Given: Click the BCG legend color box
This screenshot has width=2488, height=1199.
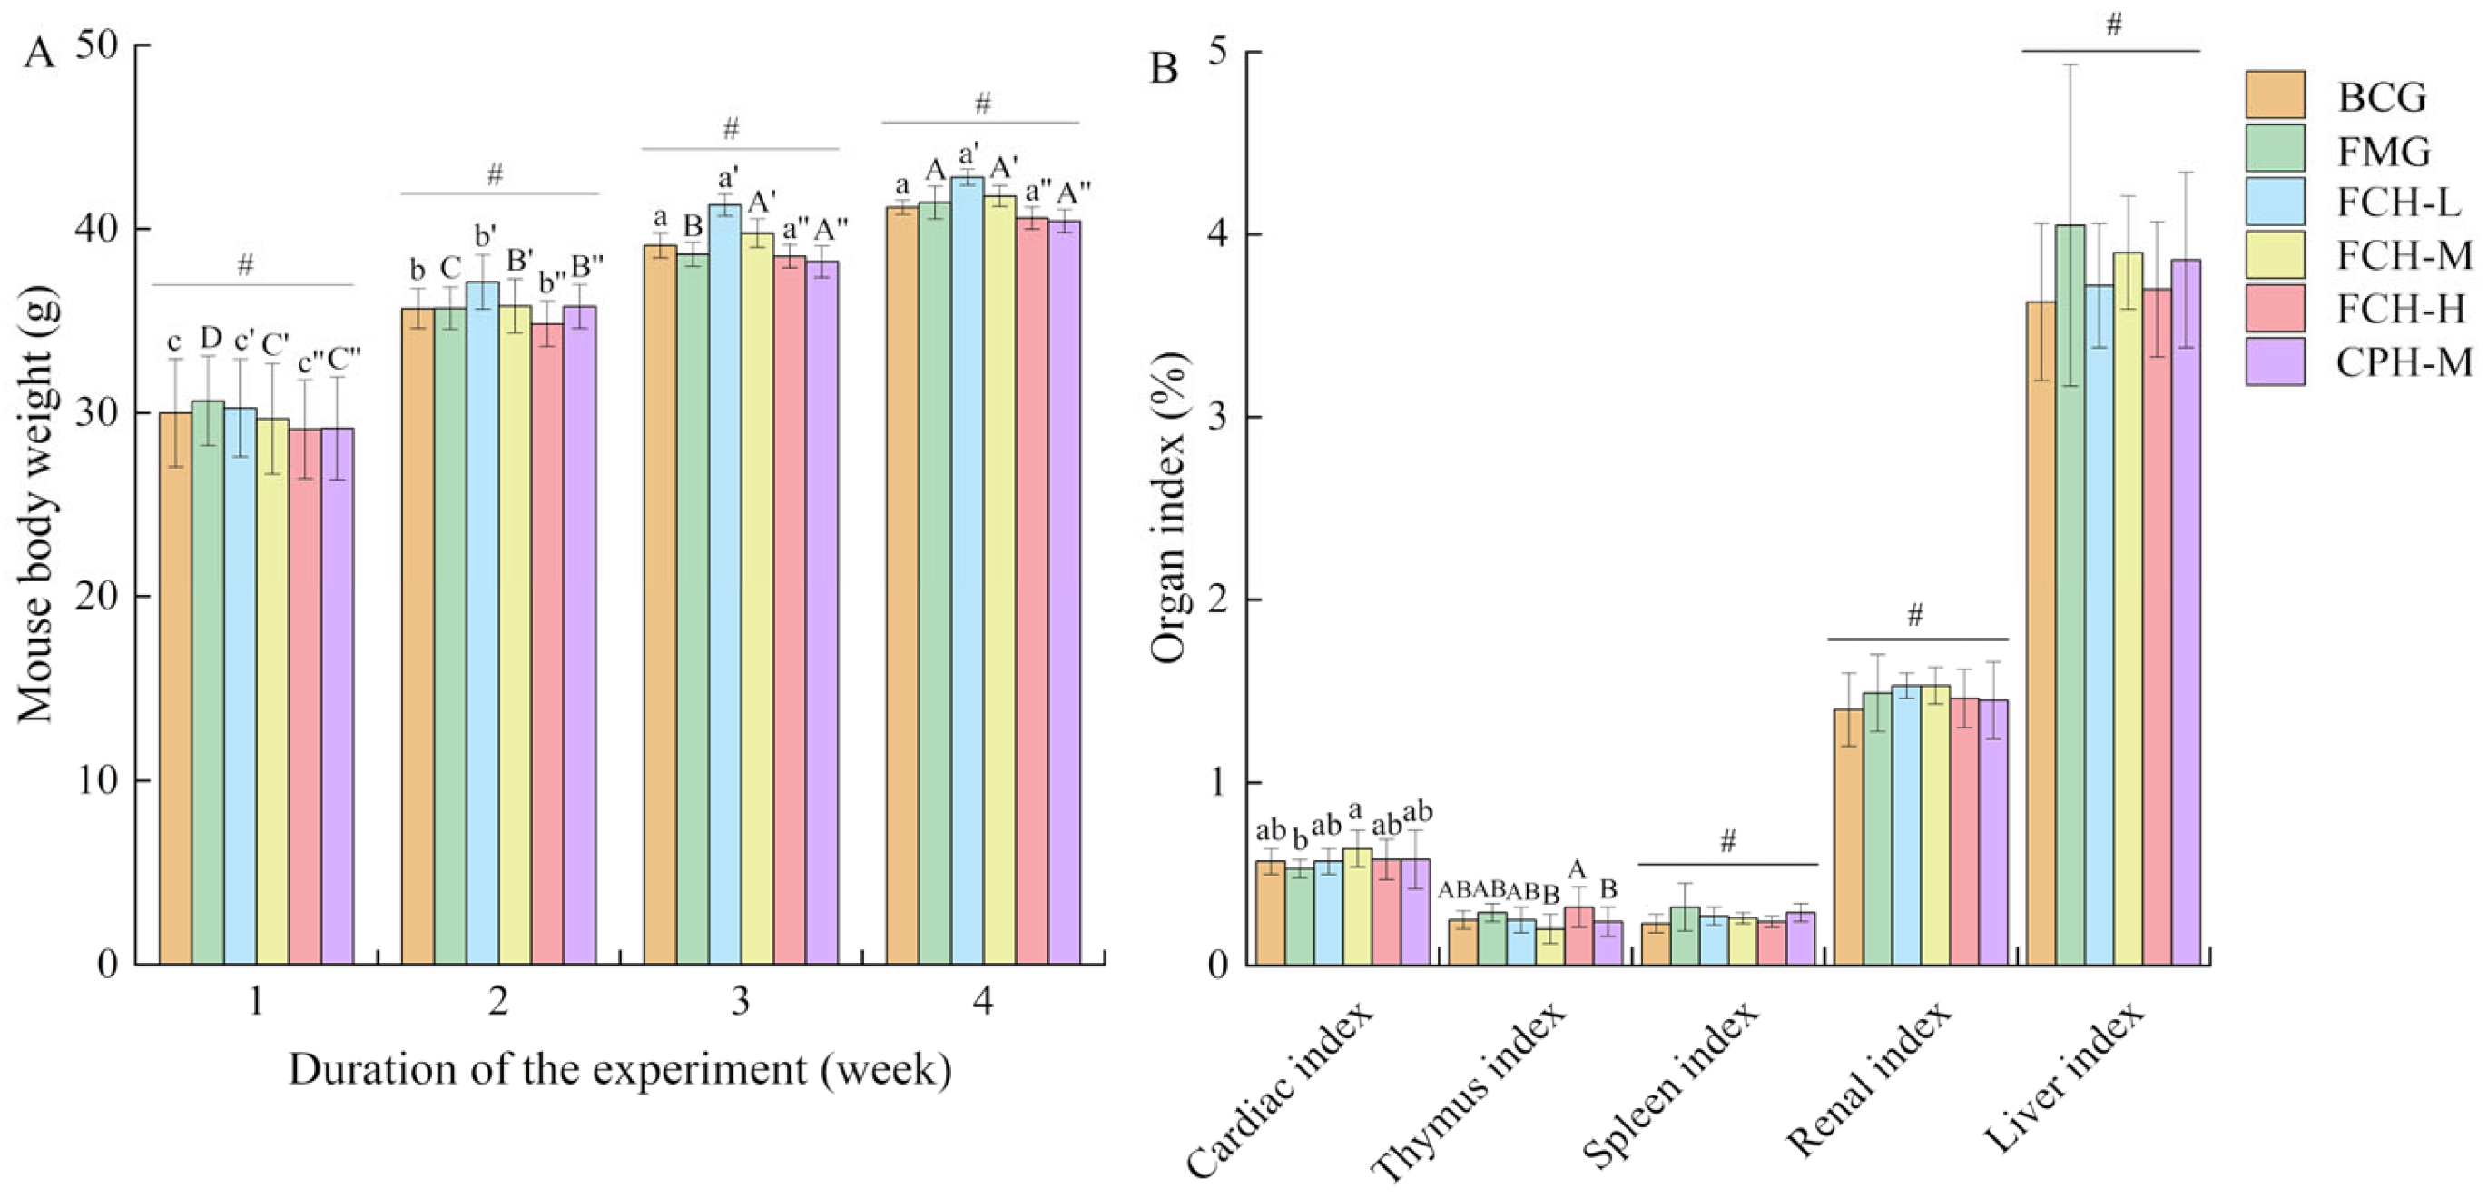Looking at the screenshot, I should [2275, 94].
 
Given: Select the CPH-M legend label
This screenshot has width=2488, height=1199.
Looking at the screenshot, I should [2404, 363].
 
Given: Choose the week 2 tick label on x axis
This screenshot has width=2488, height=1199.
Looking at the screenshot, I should [497, 1001].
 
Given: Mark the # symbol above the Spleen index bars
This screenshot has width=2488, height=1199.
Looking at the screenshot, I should [1728, 840].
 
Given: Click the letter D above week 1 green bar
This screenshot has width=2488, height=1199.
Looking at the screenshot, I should [210, 338].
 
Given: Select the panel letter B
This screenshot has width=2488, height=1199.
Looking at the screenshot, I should [1164, 70].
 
